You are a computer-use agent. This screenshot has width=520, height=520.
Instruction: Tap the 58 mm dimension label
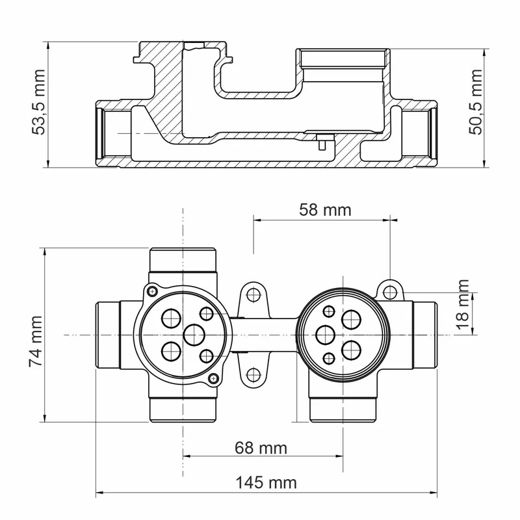point(324,210)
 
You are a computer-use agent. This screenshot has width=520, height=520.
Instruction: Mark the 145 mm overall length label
point(265,482)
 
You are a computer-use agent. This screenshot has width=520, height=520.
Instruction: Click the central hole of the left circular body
point(194,335)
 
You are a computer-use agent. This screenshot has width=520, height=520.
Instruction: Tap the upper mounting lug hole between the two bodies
point(253,294)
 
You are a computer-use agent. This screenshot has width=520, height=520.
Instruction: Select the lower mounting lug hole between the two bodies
point(253,375)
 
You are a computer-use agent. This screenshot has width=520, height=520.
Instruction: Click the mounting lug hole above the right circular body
point(390,289)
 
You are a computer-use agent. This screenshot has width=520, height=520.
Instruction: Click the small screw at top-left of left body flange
point(151,291)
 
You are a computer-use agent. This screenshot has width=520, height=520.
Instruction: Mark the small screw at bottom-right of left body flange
point(212,379)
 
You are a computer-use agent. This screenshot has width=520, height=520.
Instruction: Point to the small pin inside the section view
point(320,141)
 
